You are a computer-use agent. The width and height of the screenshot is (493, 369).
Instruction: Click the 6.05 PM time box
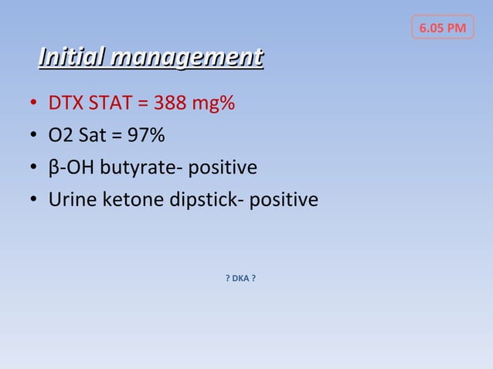(442, 29)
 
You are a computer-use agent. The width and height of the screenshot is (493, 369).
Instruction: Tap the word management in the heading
(187, 57)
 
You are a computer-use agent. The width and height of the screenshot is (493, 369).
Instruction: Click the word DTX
(65, 103)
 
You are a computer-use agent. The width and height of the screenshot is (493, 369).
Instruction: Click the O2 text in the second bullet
(61, 136)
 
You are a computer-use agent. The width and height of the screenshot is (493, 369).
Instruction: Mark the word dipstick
(198, 201)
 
